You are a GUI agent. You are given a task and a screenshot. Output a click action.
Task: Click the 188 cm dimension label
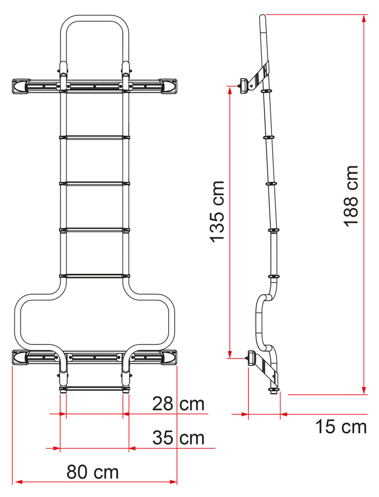click(352, 196)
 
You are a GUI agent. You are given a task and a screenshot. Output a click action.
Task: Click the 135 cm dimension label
click(218, 211)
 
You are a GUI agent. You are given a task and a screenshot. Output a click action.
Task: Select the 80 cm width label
click(92, 471)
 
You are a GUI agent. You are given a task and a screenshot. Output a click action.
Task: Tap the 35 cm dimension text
click(178, 438)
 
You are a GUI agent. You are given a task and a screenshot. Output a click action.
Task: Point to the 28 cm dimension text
click(178, 404)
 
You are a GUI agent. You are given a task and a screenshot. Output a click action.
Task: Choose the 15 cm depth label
click(341, 427)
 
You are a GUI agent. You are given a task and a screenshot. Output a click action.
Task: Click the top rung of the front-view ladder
click(94, 138)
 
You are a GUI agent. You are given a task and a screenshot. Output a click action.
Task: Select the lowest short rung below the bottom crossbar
click(94, 389)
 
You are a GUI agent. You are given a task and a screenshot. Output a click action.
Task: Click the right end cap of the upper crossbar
click(169, 86)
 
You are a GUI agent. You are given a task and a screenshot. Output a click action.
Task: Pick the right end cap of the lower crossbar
click(169, 358)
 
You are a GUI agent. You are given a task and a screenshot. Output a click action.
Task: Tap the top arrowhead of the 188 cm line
click(364, 18)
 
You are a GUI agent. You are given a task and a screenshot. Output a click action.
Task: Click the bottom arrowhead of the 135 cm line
click(230, 355)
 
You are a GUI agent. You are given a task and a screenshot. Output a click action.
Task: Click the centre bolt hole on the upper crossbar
click(94, 87)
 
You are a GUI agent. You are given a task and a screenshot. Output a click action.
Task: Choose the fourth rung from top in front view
click(94, 275)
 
